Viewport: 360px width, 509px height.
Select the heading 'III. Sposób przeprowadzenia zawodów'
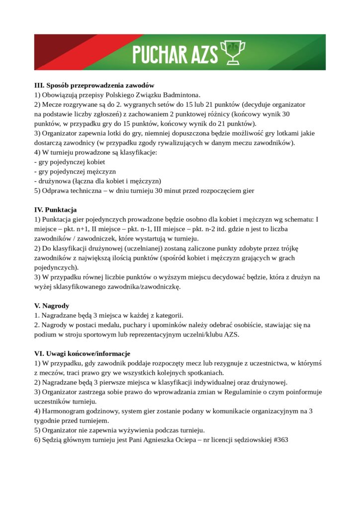click(x=94, y=85)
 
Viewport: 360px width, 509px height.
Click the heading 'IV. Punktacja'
click(x=55, y=210)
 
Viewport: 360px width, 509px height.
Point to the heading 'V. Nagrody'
click(x=52, y=306)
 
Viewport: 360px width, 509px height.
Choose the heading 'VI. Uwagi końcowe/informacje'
click(x=82, y=353)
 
